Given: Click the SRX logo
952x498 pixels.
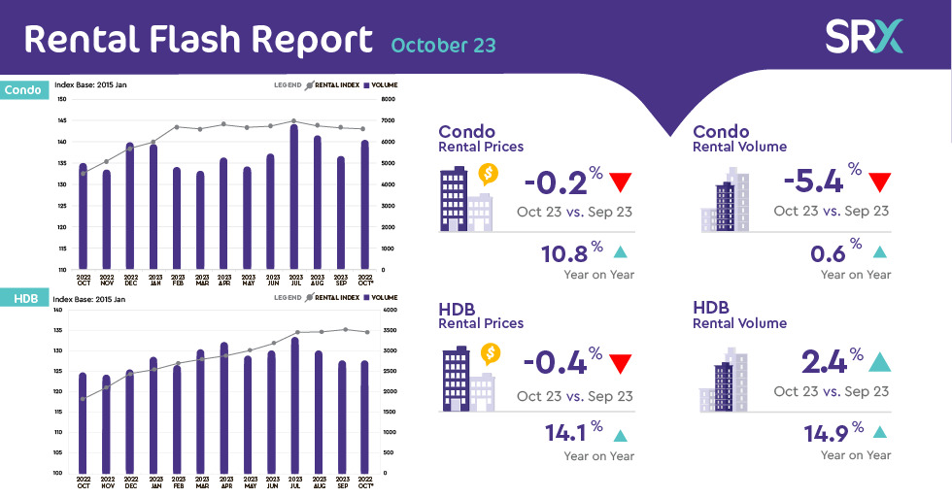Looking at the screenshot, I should point(865,36).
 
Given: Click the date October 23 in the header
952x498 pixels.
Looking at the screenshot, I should point(444,45).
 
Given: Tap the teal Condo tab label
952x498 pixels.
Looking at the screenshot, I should point(23,90).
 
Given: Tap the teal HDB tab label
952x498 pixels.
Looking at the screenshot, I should point(21,299).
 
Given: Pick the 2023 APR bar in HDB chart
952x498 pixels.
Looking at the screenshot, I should point(224,407).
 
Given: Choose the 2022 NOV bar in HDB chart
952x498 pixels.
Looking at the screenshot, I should point(106,423).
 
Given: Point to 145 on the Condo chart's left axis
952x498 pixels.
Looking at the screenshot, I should point(62,120).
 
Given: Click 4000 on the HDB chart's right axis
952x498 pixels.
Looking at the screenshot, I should point(389,311).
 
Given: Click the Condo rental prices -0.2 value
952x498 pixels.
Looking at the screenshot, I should point(556,182).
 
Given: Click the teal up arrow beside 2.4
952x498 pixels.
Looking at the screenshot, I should point(879,362).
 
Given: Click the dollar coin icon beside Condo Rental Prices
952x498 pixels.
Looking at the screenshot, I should point(489,174).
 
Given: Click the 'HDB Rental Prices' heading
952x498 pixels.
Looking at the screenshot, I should point(481,315).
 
